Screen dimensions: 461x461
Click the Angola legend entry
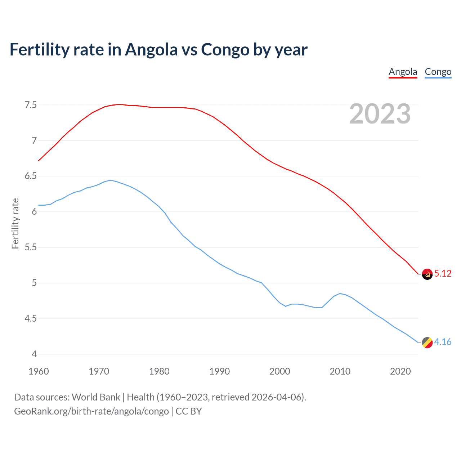(x=403, y=72)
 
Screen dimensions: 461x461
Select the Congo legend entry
(x=438, y=72)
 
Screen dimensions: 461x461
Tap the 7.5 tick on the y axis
(x=31, y=105)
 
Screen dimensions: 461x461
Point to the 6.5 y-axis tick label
(x=31, y=176)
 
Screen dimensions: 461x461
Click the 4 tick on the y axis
(x=34, y=354)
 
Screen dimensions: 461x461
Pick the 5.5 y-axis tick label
(x=31, y=247)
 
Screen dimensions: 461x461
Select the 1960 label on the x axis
(x=39, y=371)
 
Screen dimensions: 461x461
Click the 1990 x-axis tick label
(x=219, y=371)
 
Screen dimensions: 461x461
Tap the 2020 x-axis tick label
(x=400, y=371)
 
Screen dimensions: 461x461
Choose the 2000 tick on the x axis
(x=279, y=371)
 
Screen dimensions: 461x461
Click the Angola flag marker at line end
(x=427, y=274)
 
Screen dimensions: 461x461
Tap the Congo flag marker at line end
(x=427, y=343)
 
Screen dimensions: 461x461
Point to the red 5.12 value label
(x=443, y=273)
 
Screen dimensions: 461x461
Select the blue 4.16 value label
(x=443, y=342)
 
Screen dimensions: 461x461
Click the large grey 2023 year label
(x=380, y=114)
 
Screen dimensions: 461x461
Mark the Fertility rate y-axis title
(x=15, y=223)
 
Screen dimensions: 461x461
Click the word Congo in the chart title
(x=225, y=49)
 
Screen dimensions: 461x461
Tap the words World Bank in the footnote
(x=96, y=397)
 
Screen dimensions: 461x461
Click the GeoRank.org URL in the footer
(x=91, y=411)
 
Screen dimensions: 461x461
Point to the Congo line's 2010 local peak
(x=340, y=294)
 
